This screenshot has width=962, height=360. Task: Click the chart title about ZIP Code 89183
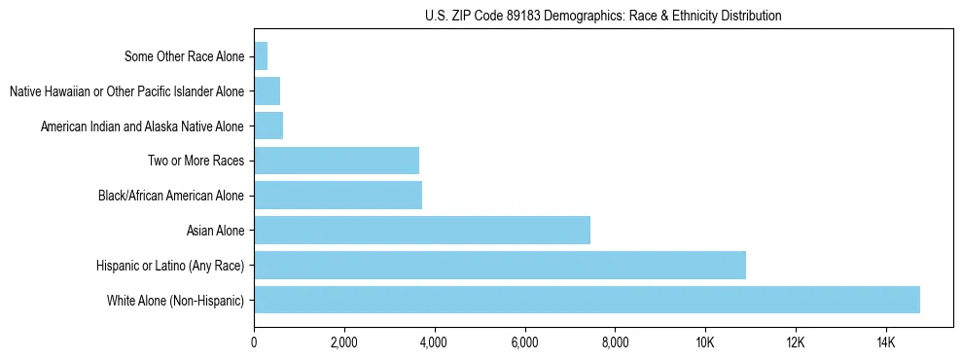click(x=603, y=16)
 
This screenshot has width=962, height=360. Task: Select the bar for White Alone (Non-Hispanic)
click(x=587, y=300)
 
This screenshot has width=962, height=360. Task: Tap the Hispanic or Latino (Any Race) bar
click(x=500, y=265)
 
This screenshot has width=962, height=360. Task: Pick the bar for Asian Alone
click(x=422, y=230)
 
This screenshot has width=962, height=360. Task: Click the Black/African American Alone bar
click(x=338, y=195)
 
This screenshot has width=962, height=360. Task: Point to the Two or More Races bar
click(x=337, y=161)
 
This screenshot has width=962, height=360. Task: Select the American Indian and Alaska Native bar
click(x=268, y=126)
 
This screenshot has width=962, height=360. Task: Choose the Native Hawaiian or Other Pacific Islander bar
click(x=267, y=91)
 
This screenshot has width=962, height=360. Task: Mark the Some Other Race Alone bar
click(x=261, y=56)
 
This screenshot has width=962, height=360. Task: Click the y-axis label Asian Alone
click(x=215, y=231)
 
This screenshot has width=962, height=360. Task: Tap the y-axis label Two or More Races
click(x=196, y=161)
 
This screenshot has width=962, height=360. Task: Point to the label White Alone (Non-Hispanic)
click(x=175, y=301)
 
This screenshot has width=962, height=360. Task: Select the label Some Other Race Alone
click(x=184, y=56)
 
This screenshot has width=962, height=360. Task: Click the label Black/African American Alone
click(x=170, y=196)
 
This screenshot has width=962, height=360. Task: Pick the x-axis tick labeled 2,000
click(x=343, y=342)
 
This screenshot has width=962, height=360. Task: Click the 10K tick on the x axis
click(x=705, y=342)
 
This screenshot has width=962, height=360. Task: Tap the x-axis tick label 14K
click(x=885, y=342)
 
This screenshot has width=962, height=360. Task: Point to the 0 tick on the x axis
click(x=254, y=342)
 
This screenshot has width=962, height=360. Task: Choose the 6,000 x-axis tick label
click(x=524, y=342)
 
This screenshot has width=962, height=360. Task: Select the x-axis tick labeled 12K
click(x=796, y=342)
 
